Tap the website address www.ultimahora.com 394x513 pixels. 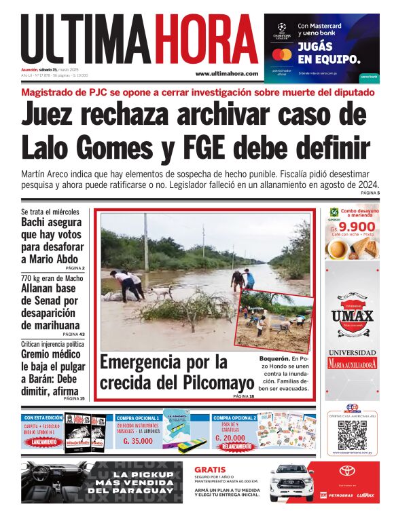pyautogui.click(x=226, y=73)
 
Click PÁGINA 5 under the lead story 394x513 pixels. pyautogui.click(x=370, y=194)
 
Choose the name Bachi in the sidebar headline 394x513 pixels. pyautogui.click(x=36, y=223)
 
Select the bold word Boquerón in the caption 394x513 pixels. pyautogui.click(x=273, y=358)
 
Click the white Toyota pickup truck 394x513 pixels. pyautogui.click(x=291, y=482)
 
